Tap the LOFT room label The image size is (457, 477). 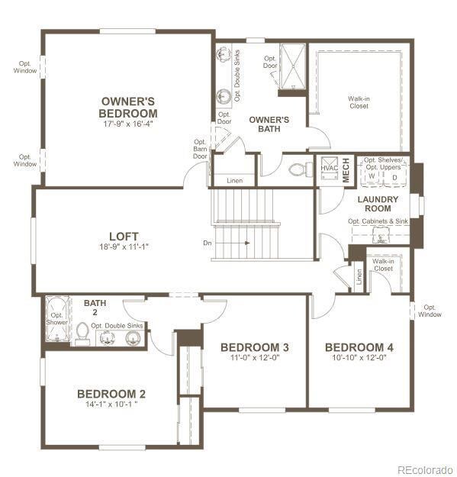[x=123, y=237]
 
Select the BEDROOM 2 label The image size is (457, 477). [x=111, y=394]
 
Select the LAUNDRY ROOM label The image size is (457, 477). [x=378, y=204]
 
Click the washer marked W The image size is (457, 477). [x=372, y=176]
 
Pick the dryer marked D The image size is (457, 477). [x=394, y=176]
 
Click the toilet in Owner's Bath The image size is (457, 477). [x=302, y=170]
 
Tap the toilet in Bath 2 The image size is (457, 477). [x=82, y=334]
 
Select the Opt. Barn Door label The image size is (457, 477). [x=200, y=149]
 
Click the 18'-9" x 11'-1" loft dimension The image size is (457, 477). [x=123, y=247]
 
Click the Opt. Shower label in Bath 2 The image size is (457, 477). [x=56, y=318]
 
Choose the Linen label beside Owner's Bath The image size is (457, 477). [x=236, y=181]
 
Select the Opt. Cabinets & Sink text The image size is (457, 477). [x=378, y=221]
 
